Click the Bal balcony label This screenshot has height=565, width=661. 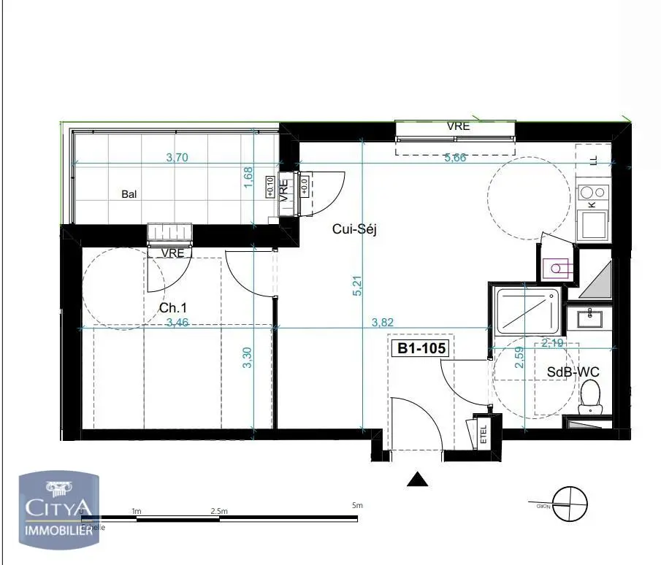click(x=129, y=194)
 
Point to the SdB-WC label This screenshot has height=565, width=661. click(x=573, y=372)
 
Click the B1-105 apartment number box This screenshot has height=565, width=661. click(x=421, y=349)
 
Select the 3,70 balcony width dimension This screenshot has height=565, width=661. click(x=177, y=157)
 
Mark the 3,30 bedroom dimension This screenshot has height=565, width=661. click(x=247, y=357)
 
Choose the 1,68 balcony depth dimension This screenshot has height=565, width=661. click(x=248, y=177)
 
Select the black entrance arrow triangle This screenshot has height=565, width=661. click(x=417, y=479)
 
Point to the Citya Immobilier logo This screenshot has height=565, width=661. click(x=58, y=508)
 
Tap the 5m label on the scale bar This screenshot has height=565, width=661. click(x=357, y=505)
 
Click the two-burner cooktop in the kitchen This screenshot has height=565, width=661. click(x=592, y=193)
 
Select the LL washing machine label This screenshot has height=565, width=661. click(x=592, y=159)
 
